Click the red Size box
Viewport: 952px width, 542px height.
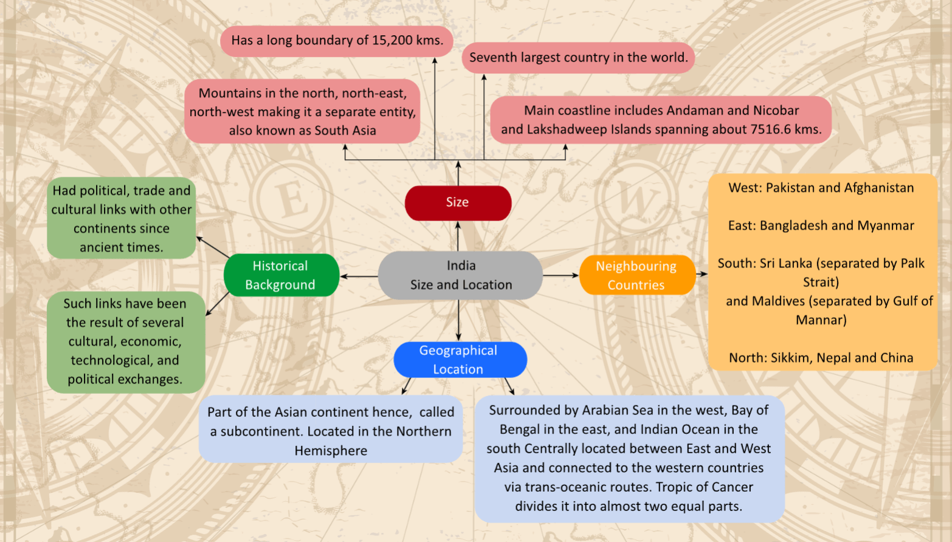(x=458, y=203)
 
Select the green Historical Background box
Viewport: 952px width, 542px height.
(x=281, y=275)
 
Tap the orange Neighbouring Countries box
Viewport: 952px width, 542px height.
(x=636, y=275)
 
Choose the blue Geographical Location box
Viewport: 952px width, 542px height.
(x=460, y=360)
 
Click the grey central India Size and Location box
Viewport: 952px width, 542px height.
(x=460, y=275)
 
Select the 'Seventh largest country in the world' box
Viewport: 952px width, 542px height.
(x=578, y=58)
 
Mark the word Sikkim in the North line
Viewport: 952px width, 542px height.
(x=790, y=358)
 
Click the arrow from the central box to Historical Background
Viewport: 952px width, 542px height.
(x=359, y=276)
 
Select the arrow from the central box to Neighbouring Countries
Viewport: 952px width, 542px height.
(x=561, y=275)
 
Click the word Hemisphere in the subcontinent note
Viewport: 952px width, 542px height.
(x=331, y=451)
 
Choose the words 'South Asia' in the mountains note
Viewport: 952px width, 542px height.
(x=345, y=131)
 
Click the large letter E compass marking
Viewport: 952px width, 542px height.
(x=292, y=199)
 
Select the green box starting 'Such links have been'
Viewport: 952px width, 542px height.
(x=125, y=341)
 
